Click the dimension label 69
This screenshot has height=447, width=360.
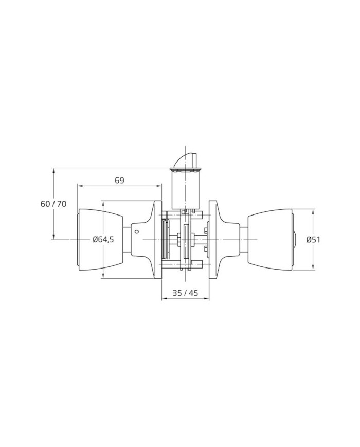click(x=120, y=181)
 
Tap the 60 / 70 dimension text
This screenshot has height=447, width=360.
click(x=53, y=204)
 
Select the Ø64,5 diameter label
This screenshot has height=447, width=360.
click(x=103, y=240)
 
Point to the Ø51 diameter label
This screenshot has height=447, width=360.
click(x=313, y=240)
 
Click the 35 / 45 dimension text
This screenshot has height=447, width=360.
click(x=185, y=293)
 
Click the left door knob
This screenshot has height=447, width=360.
click(x=100, y=240)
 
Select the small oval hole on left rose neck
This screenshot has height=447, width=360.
click(x=137, y=231)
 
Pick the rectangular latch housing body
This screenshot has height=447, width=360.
click(x=186, y=190)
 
